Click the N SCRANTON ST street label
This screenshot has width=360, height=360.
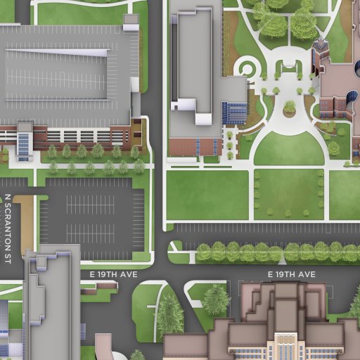tap(8, 228)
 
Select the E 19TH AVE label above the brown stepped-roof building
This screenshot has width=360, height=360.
tap(291, 274)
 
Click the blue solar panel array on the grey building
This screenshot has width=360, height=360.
tap(235, 112)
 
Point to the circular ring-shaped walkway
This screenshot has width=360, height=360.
tap(246, 68)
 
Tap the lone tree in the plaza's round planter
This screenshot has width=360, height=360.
tap(289, 108)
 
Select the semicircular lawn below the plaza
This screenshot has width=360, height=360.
tap(288, 148)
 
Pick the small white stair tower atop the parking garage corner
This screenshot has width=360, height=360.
tap(131, 22)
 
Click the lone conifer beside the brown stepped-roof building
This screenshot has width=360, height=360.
tap(215, 300)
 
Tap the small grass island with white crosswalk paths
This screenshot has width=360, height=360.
tap(176, 247)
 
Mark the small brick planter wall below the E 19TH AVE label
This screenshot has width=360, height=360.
tap(108, 285)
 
